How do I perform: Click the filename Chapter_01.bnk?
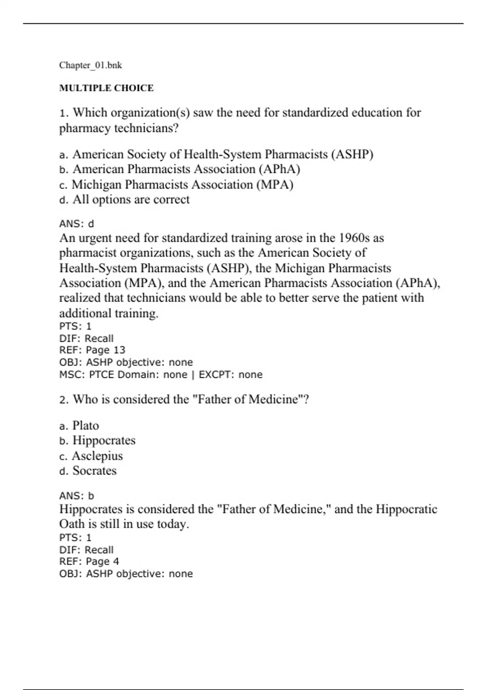[91, 65]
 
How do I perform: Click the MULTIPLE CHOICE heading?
[106, 88]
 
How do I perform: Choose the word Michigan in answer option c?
[97, 185]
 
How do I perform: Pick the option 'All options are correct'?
[131, 200]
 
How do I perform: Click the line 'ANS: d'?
[77, 224]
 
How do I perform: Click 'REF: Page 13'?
[92, 350]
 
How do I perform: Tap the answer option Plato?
[86, 425]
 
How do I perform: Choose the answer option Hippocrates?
[104, 440]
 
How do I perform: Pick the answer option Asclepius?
[97, 456]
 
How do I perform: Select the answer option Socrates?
[95, 471]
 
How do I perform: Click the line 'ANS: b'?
[77, 496]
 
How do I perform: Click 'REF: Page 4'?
[89, 561]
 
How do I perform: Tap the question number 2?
[63, 400]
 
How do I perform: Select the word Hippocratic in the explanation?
[407, 509]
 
